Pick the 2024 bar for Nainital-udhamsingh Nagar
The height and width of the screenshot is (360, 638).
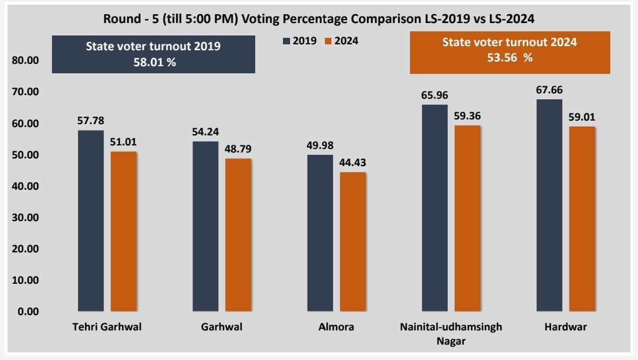(467, 218)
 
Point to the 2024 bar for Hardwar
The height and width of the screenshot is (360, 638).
(582, 219)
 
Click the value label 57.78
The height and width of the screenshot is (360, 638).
(90, 121)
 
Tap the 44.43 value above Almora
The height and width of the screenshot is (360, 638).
(353, 163)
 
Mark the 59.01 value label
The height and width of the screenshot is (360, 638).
(582, 117)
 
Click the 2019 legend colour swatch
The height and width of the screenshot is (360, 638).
(287, 41)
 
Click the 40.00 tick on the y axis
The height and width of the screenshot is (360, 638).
(25, 186)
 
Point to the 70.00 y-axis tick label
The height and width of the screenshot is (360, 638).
(25, 92)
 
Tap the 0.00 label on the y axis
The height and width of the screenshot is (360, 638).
(27, 312)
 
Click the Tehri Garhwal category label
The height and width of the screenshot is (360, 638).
(107, 327)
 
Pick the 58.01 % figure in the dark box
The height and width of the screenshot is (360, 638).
(153, 61)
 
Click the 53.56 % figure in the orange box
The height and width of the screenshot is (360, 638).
(510, 58)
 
